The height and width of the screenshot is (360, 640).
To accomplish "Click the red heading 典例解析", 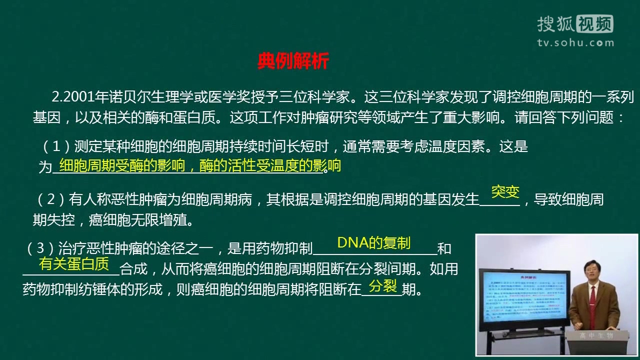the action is pos(293,61).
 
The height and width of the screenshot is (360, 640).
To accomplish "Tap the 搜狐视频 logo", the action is pos(575,24).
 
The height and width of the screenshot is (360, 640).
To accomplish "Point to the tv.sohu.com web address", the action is pos(575,43).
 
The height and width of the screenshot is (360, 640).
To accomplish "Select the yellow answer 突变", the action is pos(505,191).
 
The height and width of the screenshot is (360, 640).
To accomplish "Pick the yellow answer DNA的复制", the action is pos(373,242).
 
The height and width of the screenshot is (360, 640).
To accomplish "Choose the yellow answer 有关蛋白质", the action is pos(74,263).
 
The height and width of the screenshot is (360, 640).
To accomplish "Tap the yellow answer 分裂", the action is pos(382,285).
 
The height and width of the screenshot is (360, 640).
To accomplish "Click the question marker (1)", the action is pos(56,147).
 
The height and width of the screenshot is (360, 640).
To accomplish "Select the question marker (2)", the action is pos(50,199).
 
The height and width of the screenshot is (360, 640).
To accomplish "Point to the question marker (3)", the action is pos(40,248).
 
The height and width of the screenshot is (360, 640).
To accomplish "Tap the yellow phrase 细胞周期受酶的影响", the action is pos(122,165).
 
